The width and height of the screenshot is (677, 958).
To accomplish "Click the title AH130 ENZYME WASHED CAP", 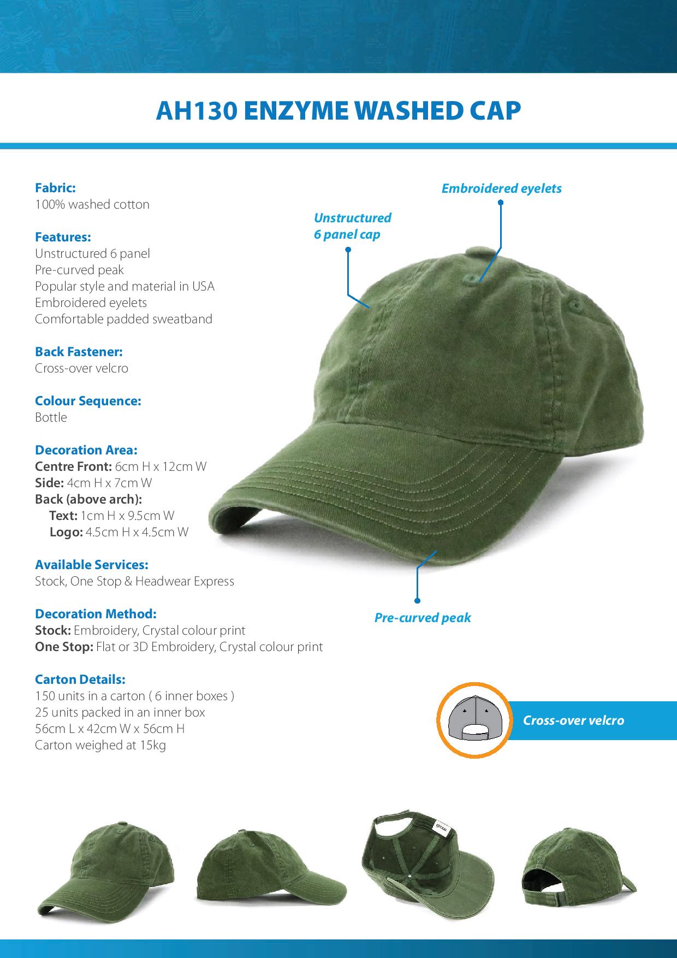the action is pos(339,111).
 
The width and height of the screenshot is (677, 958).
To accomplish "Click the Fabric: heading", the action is pos(55,188).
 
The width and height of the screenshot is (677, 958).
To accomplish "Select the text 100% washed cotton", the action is pos(92,204).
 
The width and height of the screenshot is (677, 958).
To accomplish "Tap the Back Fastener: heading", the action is pos(79,352).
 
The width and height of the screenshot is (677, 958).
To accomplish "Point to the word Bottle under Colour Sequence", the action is pos(51,417).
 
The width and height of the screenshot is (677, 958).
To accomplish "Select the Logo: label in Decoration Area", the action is pos(66,532).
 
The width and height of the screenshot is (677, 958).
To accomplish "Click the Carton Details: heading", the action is pos(80,679).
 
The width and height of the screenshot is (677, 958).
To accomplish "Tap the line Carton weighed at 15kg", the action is pos(100,745).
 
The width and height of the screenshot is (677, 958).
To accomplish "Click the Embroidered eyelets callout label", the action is pos(501,188).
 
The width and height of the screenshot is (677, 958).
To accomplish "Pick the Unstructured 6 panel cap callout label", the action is pos(352,226).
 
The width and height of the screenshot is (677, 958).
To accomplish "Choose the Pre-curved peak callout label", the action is pos(422,618).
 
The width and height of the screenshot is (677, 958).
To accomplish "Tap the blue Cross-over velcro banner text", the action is pos(573,720).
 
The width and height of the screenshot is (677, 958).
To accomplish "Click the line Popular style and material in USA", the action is pos(124,286).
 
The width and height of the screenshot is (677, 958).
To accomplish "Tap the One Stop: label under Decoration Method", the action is pos(64,647).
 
